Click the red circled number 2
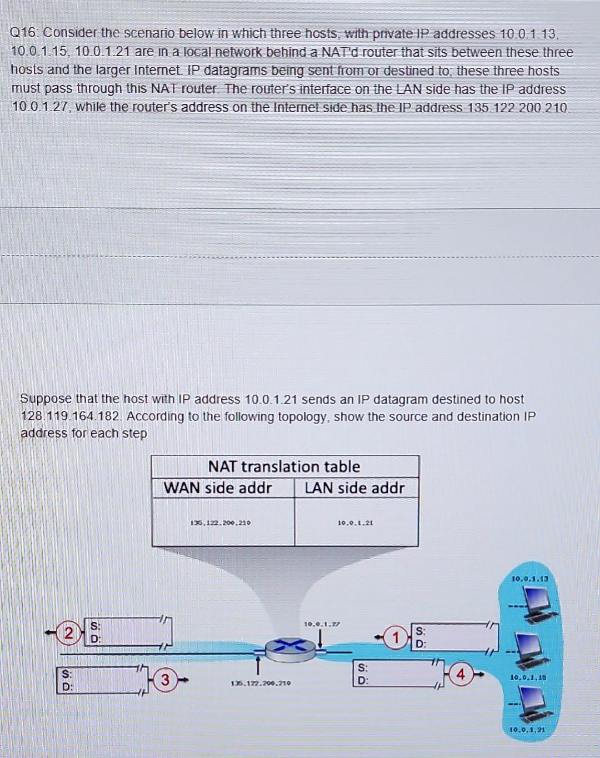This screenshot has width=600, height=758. point(68,633)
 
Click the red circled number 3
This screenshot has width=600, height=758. point(165,679)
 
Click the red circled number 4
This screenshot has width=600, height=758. point(461,675)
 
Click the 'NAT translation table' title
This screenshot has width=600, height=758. point(284,466)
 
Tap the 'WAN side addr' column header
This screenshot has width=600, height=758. point(218,488)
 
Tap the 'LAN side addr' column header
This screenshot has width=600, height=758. point(354,488)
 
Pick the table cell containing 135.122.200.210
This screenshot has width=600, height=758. point(221,523)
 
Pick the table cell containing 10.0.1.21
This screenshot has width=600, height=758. point(356,523)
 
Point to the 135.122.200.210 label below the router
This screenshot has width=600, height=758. point(261,683)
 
